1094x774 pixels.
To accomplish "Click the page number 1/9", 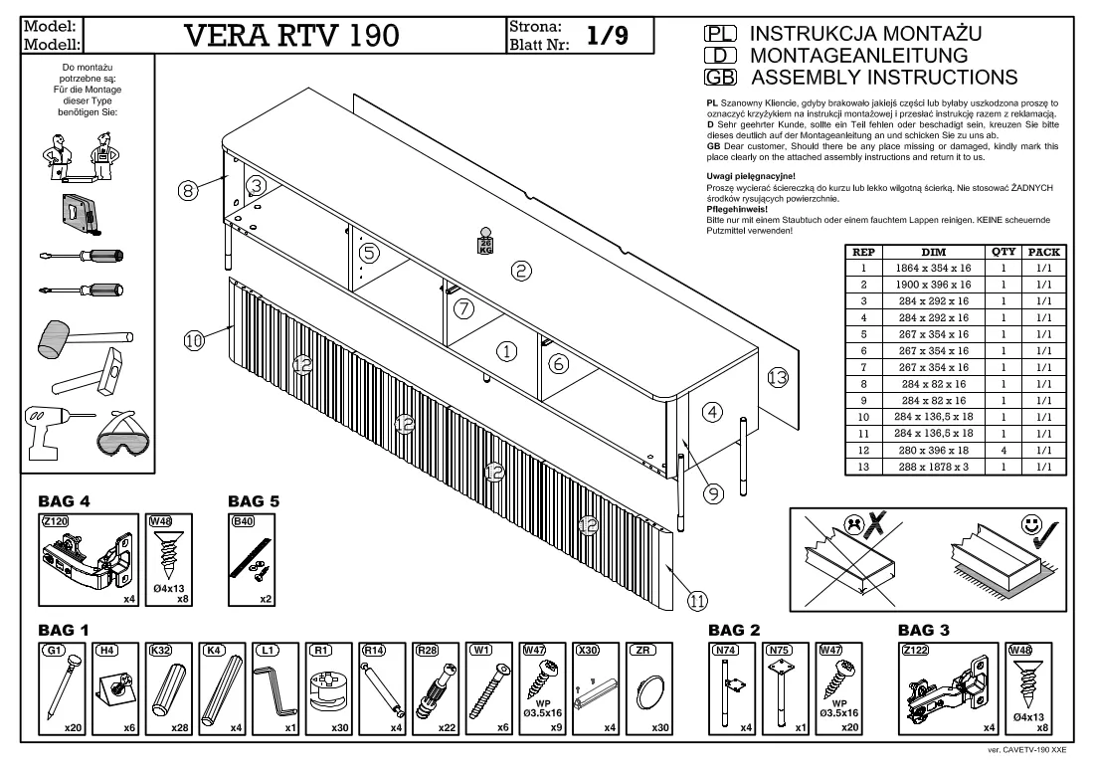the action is coord(607,35).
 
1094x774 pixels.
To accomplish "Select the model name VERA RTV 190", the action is coord(291,35).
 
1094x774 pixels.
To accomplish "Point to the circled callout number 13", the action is coord(778,378).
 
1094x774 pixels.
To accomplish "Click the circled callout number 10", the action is coord(194,340).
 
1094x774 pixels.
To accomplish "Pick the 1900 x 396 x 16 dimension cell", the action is coord(933,285).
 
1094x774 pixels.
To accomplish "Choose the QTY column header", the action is coord(1003,252).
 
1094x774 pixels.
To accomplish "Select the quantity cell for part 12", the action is coord(1003,450).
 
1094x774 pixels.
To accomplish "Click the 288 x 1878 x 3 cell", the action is coord(933,467).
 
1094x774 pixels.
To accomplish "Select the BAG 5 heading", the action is coord(254,501).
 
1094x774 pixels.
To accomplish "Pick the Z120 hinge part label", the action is coord(55,521).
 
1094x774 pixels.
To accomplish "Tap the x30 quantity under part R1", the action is coord(340,727).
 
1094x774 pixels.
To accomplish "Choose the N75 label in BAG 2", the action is coord(779,650).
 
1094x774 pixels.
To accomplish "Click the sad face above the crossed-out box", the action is coord(852,525).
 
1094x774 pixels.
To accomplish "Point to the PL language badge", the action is coord(721,34).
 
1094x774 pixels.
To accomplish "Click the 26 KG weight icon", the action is coord(485,242).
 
